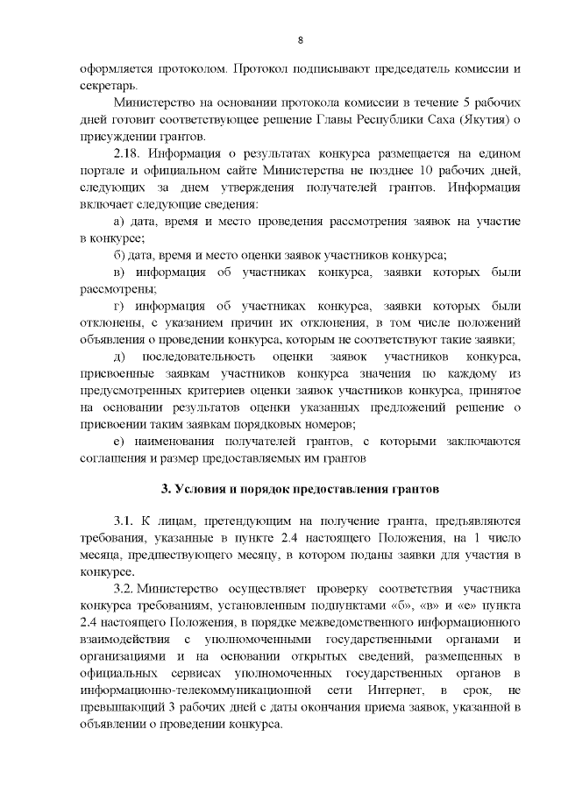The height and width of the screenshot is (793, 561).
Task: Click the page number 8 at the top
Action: click(x=300, y=40)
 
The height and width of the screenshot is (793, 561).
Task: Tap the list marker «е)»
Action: click(x=121, y=442)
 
